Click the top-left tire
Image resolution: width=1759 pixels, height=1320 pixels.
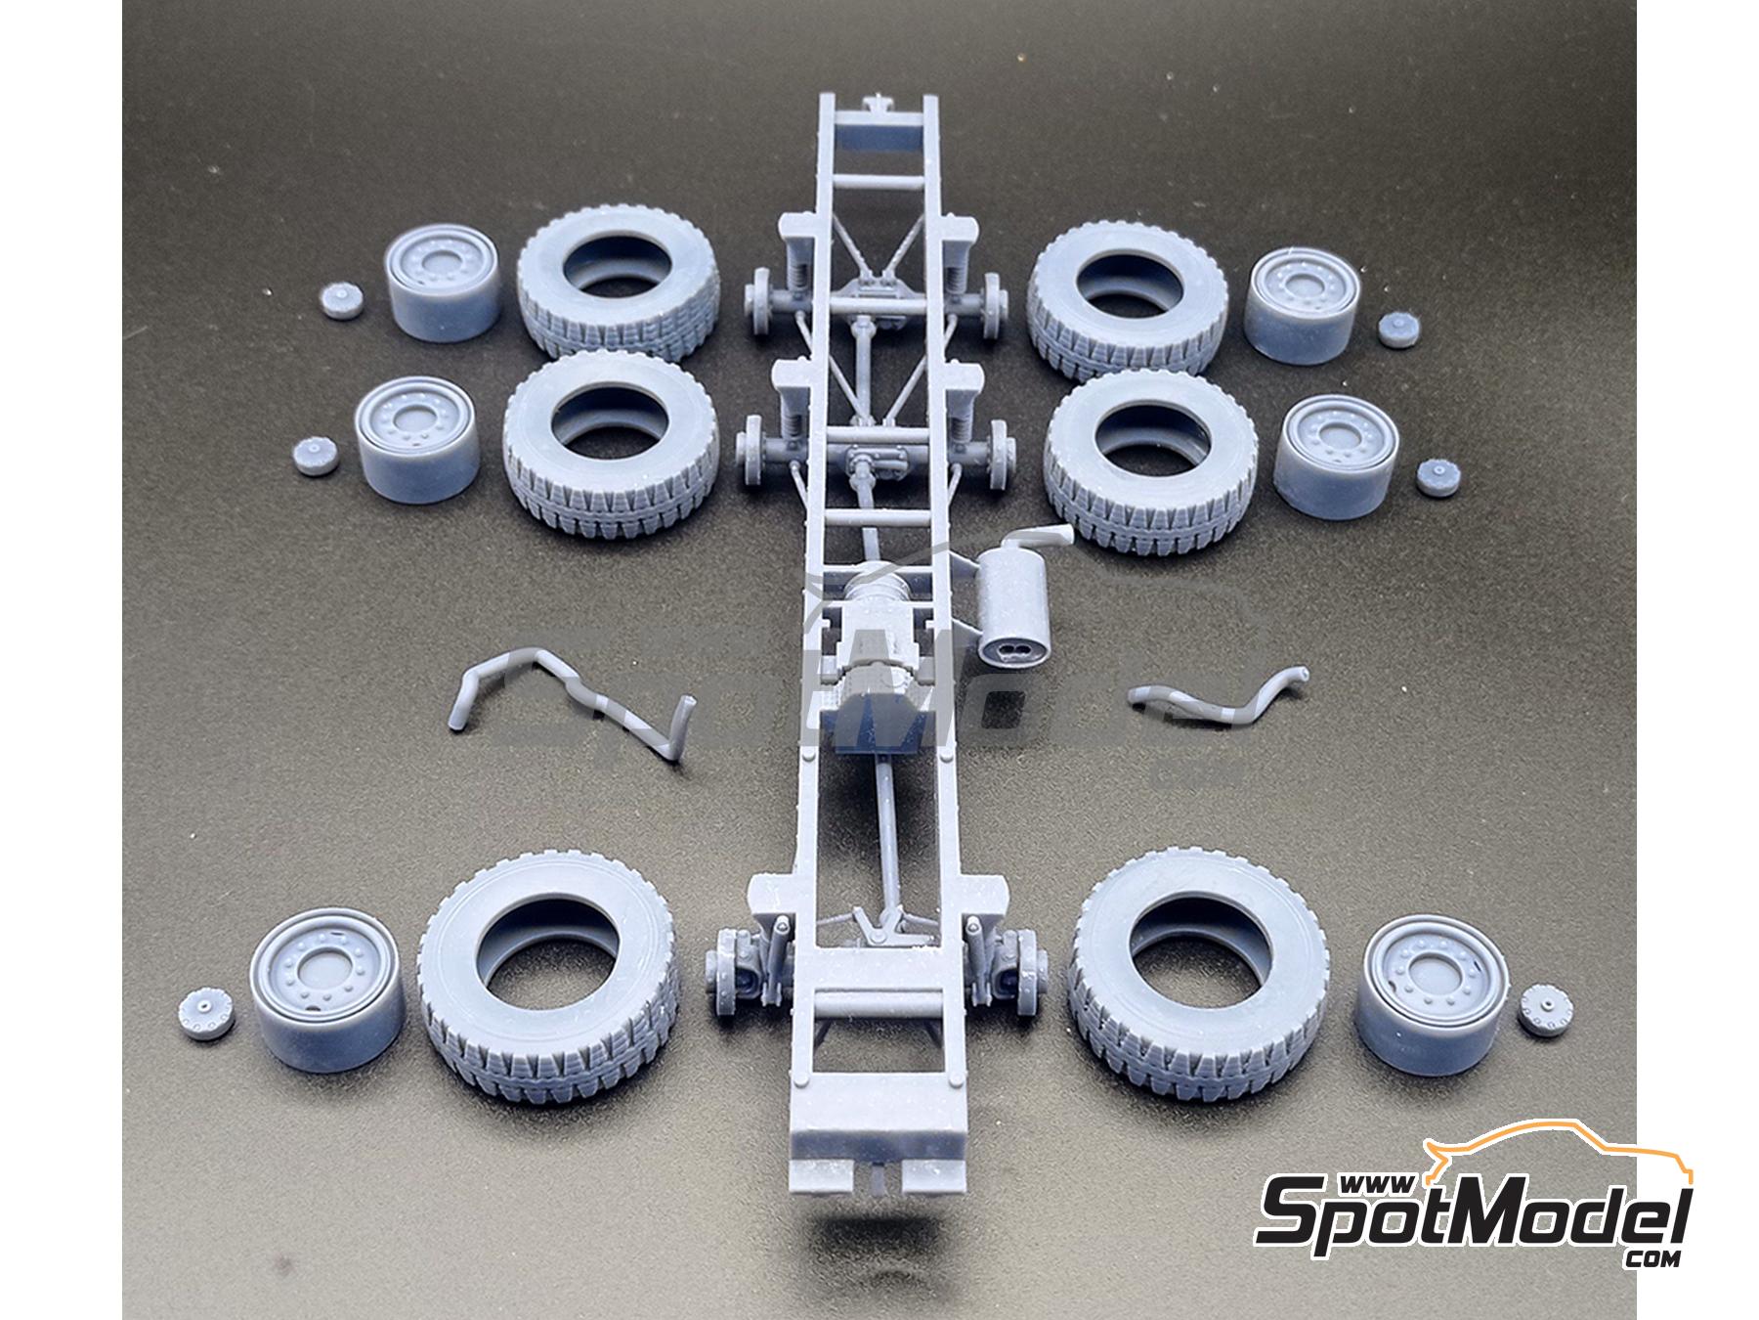[618, 290]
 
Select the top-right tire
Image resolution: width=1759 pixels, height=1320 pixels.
[1129, 295]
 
